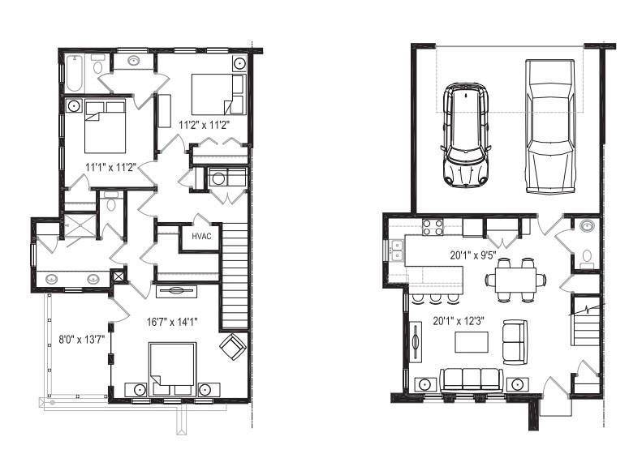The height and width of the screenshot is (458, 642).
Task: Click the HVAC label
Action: [x=201, y=237]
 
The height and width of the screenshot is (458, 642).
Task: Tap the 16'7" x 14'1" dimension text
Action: [x=172, y=323]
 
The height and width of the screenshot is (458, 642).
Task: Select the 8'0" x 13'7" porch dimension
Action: [x=82, y=340]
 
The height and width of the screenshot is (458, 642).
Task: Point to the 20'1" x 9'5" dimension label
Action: [x=473, y=255]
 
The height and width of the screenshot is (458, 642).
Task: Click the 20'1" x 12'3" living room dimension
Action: [x=459, y=321]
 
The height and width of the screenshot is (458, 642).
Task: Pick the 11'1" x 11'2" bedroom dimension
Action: [x=111, y=167]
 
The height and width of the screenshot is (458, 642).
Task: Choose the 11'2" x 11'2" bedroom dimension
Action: [x=204, y=125]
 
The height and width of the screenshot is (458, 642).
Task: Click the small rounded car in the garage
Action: [x=466, y=134]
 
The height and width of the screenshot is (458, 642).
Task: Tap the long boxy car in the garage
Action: [x=550, y=126]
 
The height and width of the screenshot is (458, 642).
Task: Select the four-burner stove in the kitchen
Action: [x=433, y=227]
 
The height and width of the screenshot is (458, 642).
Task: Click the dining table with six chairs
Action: [x=515, y=280]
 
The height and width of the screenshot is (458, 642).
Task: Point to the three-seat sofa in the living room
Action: [x=471, y=380]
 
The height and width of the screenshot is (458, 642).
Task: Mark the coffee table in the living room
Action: [x=472, y=342]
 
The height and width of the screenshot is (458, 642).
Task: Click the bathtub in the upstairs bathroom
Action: [x=75, y=73]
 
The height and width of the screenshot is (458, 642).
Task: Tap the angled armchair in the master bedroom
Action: [x=233, y=347]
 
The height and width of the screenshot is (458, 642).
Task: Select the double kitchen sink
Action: [x=396, y=250]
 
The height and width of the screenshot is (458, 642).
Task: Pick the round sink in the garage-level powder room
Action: [x=587, y=225]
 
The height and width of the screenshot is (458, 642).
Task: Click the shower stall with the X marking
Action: [x=80, y=225]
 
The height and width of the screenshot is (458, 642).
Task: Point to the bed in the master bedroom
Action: [x=172, y=370]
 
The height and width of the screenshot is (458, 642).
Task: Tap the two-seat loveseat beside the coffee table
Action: [x=515, y=342]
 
